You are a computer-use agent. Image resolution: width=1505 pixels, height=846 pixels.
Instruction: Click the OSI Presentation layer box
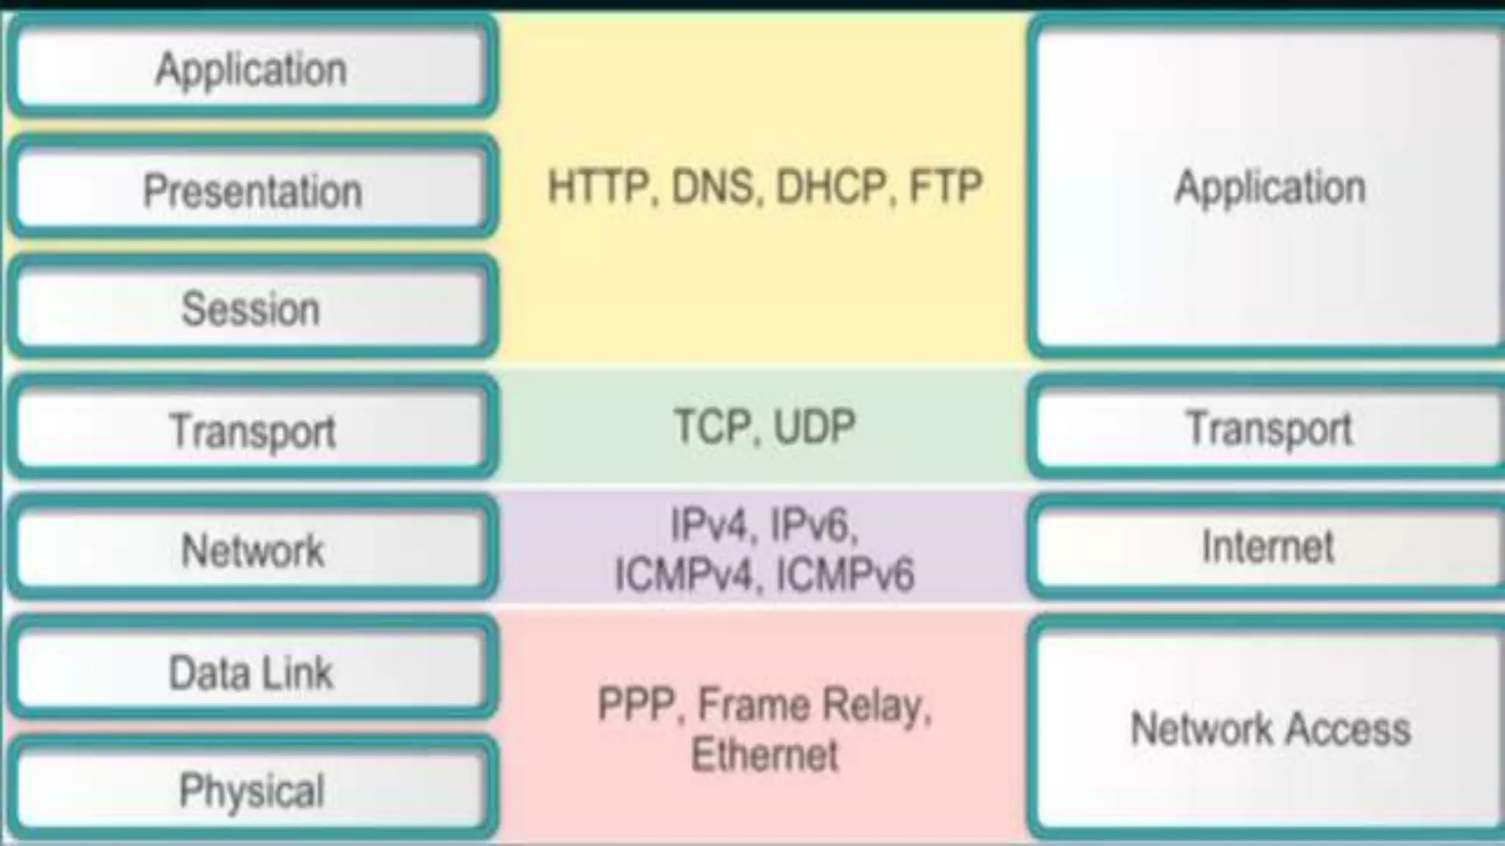252,189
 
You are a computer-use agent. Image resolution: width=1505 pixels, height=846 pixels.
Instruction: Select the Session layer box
252,308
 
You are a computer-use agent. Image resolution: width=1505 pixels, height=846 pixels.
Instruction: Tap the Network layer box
252,549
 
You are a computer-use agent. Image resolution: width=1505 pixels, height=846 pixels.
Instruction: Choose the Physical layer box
252,790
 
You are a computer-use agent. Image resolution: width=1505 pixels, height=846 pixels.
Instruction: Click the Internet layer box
1268,546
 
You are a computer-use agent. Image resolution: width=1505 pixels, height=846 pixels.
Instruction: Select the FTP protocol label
946,187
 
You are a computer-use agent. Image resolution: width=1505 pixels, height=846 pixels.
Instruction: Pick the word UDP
815,427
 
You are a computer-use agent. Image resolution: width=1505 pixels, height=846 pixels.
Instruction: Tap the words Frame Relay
812,705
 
